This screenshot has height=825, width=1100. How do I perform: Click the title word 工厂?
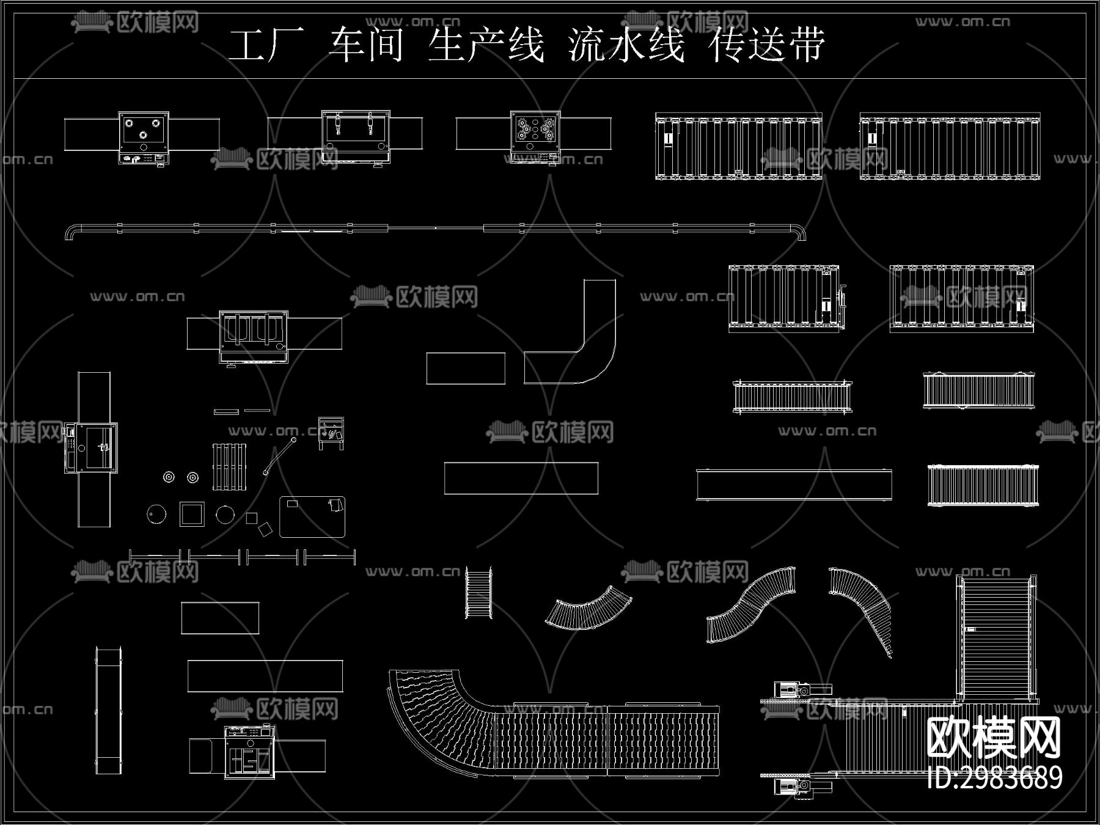click(266, 45)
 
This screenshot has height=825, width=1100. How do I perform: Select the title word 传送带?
click(767, 45)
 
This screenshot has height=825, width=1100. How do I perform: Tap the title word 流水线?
click(626, 45)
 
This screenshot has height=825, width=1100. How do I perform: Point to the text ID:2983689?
click(994, 778)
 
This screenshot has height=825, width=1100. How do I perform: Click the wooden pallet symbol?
click(229, 467)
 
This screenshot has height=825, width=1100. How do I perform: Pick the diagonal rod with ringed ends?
click(279, 456)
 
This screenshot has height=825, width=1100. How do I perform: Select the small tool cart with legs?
click(331, 433)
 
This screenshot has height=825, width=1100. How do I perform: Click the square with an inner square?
click(192, 514)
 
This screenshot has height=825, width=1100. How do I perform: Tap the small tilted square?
click(265, 529)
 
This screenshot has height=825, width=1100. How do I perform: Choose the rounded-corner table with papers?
click(312, 517)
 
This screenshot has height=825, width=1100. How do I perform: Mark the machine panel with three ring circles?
click(144, 133)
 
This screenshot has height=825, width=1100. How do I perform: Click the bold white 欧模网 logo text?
click(994, 738)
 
